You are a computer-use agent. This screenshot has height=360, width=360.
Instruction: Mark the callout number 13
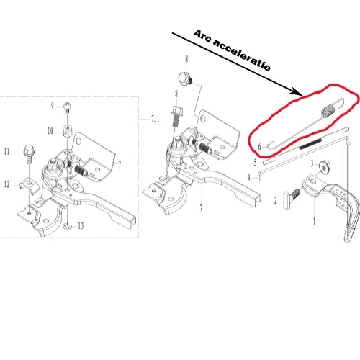point(80,225)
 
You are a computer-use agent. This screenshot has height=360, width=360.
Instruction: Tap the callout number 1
point(314,222)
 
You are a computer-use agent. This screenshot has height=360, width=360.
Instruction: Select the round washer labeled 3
point(326,168)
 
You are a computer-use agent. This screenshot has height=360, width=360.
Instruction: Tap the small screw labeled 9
point(68,107)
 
